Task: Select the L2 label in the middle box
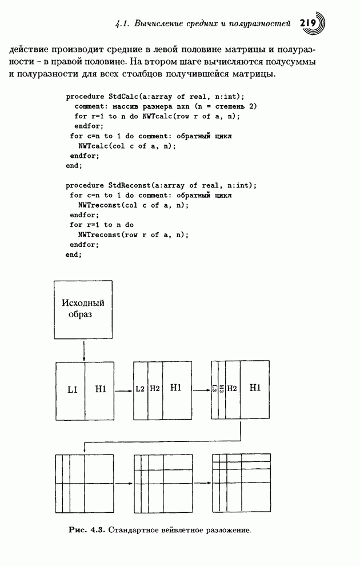click(141, 389)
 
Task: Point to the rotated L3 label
click(214, 389)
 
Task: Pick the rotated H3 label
click(222, 389)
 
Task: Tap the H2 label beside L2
click(155, 389)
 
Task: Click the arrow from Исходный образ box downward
click(84, 350)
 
